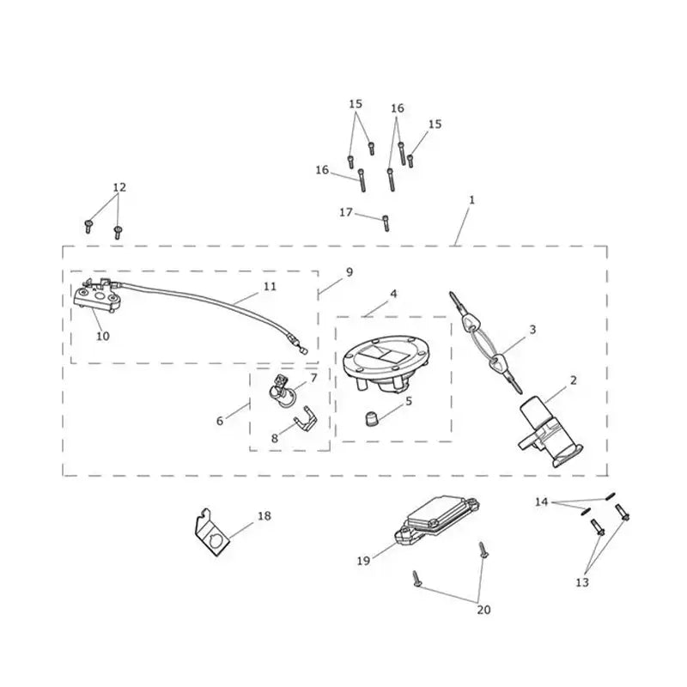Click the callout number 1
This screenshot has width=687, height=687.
[471, 200]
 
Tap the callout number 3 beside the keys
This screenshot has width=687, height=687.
[532, 329]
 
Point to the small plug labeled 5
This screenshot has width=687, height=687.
[372, 418]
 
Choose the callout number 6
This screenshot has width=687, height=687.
[220, 421]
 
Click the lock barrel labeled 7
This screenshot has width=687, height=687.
[282, 390]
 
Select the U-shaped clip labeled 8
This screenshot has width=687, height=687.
[306, 422]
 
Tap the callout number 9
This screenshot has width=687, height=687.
[350, 272]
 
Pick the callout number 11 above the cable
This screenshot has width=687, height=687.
[270, 287]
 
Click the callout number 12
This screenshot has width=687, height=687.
[119, 187]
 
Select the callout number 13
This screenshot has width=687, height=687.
[582, 583]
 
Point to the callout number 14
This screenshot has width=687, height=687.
[542, 502]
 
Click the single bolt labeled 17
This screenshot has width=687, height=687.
[386, 223]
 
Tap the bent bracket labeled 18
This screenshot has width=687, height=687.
[212, 532]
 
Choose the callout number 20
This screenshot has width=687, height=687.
[483, 610]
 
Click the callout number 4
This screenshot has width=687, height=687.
[393, 294]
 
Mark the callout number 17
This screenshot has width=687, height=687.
[346, 212]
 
